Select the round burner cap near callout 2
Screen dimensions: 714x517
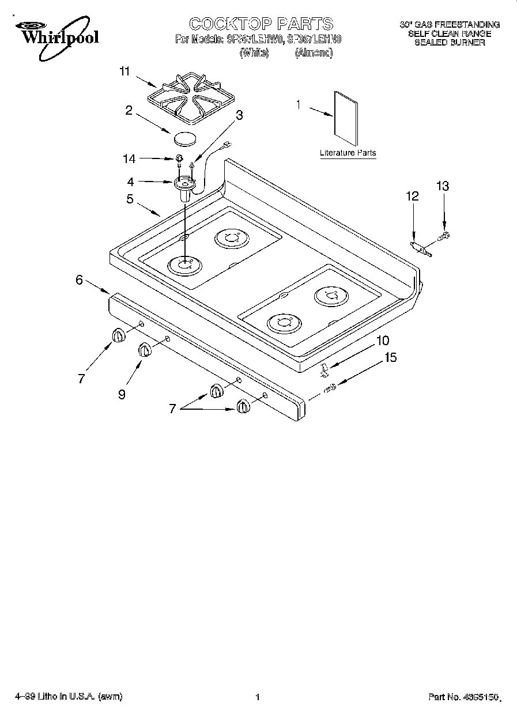[184, 138]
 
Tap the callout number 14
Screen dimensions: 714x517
[130, 158]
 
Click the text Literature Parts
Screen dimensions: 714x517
[348, 153]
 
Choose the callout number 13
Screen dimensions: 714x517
[443, 186]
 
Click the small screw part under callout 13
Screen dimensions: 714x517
[444, 235]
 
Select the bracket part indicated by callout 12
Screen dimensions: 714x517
[420, 248]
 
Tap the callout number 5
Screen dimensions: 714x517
[130, 199]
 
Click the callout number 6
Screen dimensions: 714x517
[80, 280]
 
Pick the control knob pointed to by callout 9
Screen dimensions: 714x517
[144, 349]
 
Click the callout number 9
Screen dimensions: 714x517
[122, 394]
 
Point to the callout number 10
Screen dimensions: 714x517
[383, 341]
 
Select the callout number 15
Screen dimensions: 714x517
[390, 358]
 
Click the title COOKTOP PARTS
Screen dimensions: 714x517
[261, 24]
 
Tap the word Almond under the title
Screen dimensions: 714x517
[314, 53]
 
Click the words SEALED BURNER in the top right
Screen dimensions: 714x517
[450, 43]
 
